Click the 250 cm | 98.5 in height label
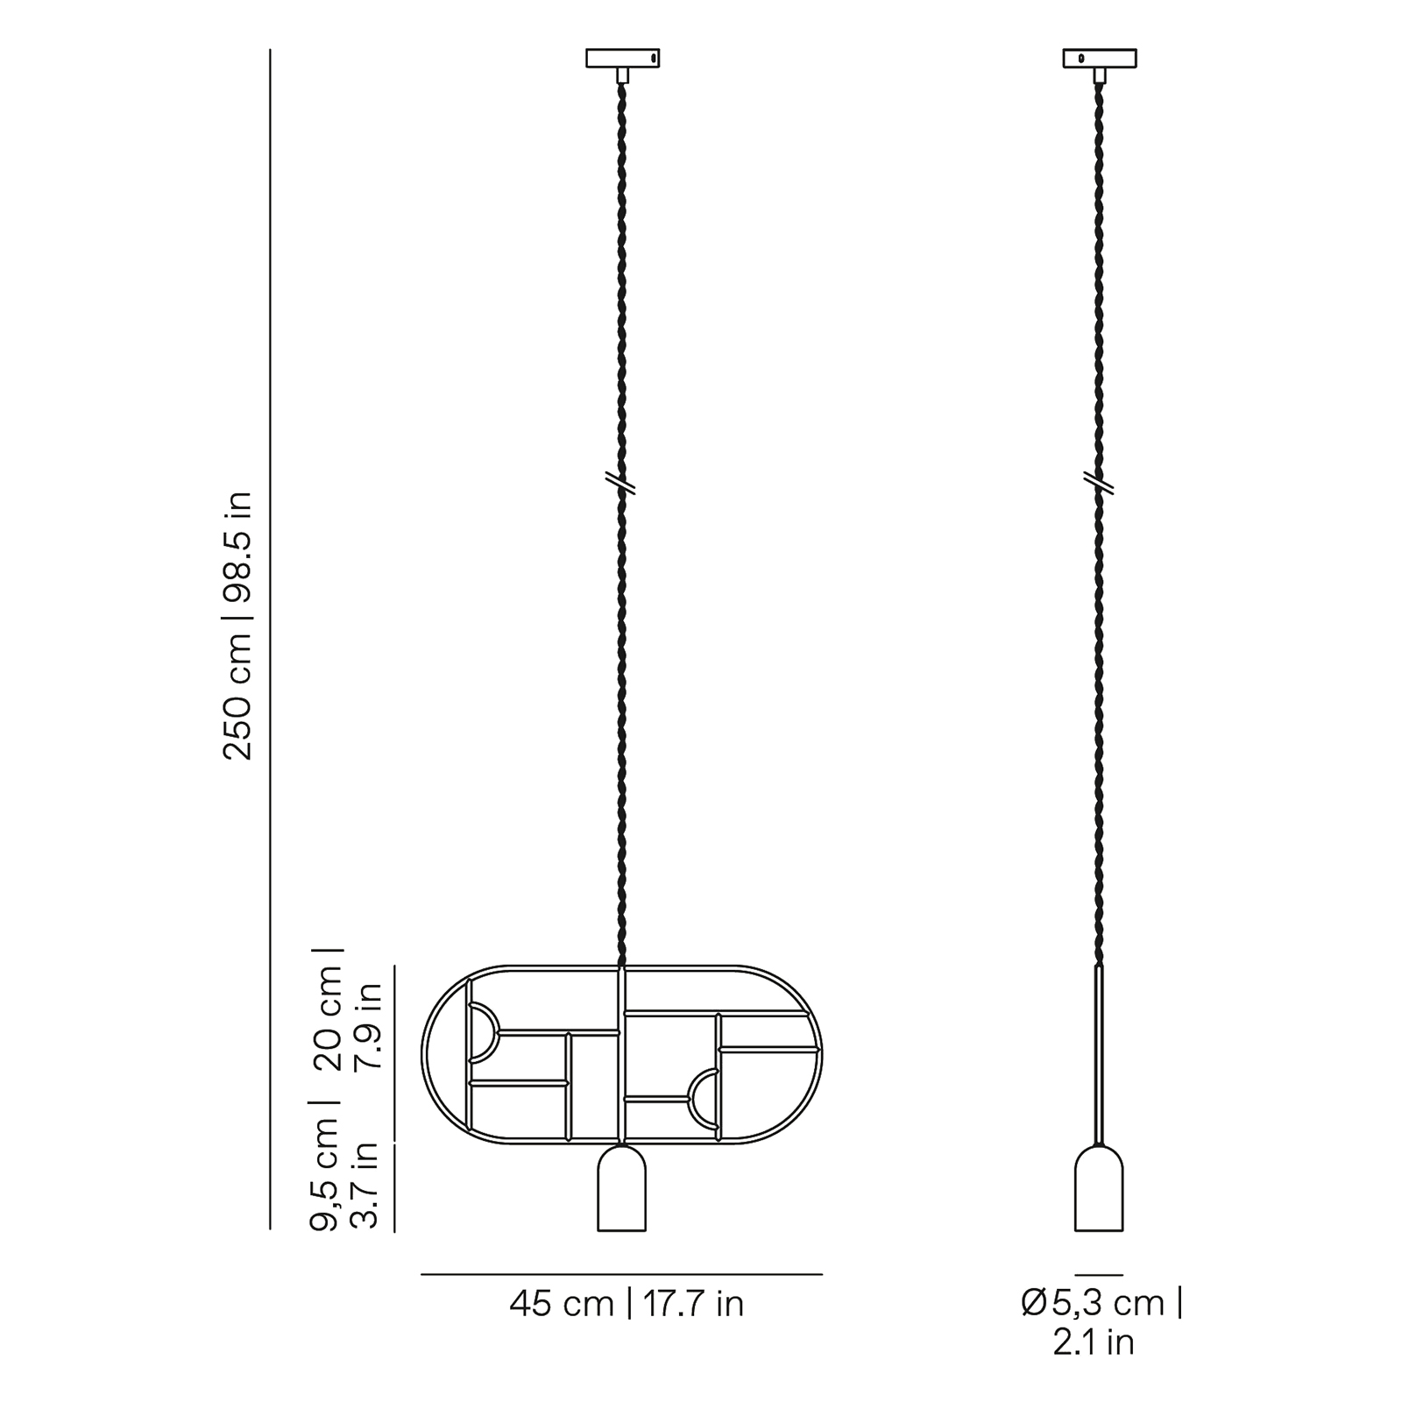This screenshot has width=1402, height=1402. coord(237,625)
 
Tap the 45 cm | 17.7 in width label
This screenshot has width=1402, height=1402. coord(627,1304)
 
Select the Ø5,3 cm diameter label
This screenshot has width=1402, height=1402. coord(1102,1303)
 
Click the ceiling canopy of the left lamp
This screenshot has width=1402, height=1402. coord(622,58)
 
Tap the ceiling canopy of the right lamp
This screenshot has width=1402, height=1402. coord(1100,58)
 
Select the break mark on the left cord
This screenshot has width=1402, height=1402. coord(620,483)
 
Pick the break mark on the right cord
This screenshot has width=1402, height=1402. coord(1099,483)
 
